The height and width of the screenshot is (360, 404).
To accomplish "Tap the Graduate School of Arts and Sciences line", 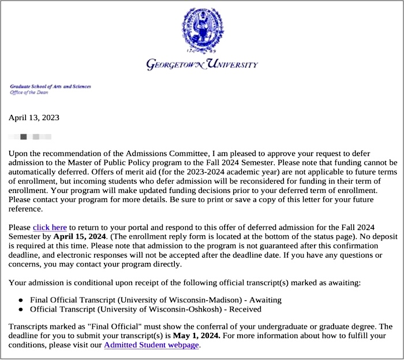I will [50, 86].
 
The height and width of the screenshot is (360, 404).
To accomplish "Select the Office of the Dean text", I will [29, 92].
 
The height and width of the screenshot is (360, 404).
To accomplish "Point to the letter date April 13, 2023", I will [34, 117].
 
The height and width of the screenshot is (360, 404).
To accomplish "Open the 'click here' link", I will [50, 227].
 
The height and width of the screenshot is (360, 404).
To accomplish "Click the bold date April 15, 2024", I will [77, 236].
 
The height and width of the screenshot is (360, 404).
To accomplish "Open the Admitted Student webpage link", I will [151, 345].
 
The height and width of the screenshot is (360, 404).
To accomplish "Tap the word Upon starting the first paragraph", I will [19, 153].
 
